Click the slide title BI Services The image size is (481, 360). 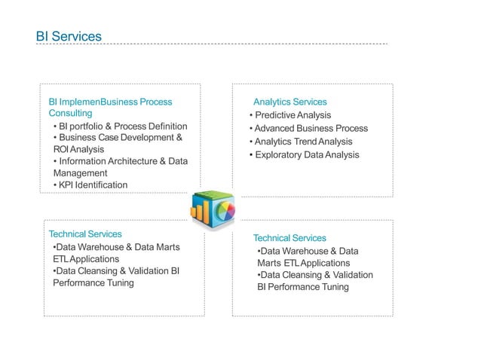[69, 36]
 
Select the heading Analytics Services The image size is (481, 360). [290, 102]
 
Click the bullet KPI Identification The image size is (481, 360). [90, 185]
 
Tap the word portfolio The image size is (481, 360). [90, 126]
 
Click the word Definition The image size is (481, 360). [167, 126]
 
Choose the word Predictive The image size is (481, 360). [274, 115]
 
